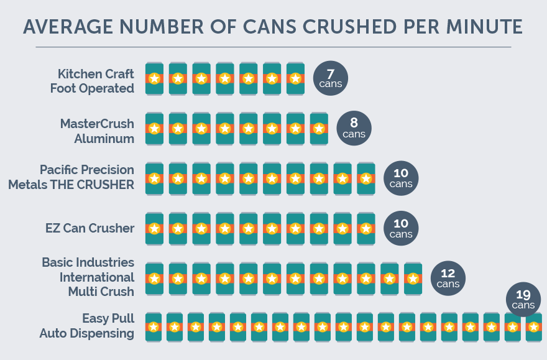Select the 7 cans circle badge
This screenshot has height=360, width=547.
tap(331, 78)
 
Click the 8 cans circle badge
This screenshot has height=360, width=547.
tap(354, 128)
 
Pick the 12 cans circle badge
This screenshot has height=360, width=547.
tap(448, 277)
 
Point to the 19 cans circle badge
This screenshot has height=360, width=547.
tap(523, 299)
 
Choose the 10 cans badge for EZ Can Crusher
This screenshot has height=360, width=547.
tap(401, 228)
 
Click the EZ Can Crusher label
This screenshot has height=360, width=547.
tap(90, 228)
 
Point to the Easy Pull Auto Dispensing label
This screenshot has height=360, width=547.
tap(87, 326)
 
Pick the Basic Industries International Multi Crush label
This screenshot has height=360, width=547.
tap(88, 277)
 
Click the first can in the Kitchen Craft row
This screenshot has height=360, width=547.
tap(154, 78)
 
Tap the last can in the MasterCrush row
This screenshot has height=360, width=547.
tap(319, 129)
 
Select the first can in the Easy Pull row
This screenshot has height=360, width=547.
tap(153, 326)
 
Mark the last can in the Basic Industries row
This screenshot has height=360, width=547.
tap(413, 277)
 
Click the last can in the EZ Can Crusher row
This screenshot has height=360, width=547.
tap(366, 228)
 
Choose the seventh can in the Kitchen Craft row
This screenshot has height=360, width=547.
tap(296, 78)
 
